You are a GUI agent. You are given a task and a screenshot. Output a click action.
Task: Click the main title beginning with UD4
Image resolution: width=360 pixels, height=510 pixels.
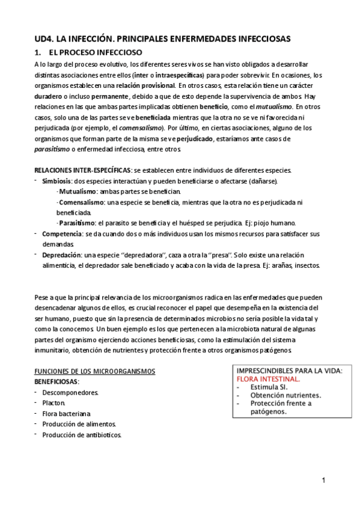(x=162, y=38)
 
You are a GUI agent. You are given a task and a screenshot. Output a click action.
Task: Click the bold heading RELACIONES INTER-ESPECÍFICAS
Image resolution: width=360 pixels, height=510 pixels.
(x=81, y=170)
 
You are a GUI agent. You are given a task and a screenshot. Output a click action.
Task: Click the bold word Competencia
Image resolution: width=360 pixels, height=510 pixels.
(x=62, y=233)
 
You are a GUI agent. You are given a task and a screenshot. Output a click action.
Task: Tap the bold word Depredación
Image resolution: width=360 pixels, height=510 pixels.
(x=62, y=255)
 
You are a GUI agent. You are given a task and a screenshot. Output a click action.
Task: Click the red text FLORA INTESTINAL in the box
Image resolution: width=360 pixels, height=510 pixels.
(x=269, y=379)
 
